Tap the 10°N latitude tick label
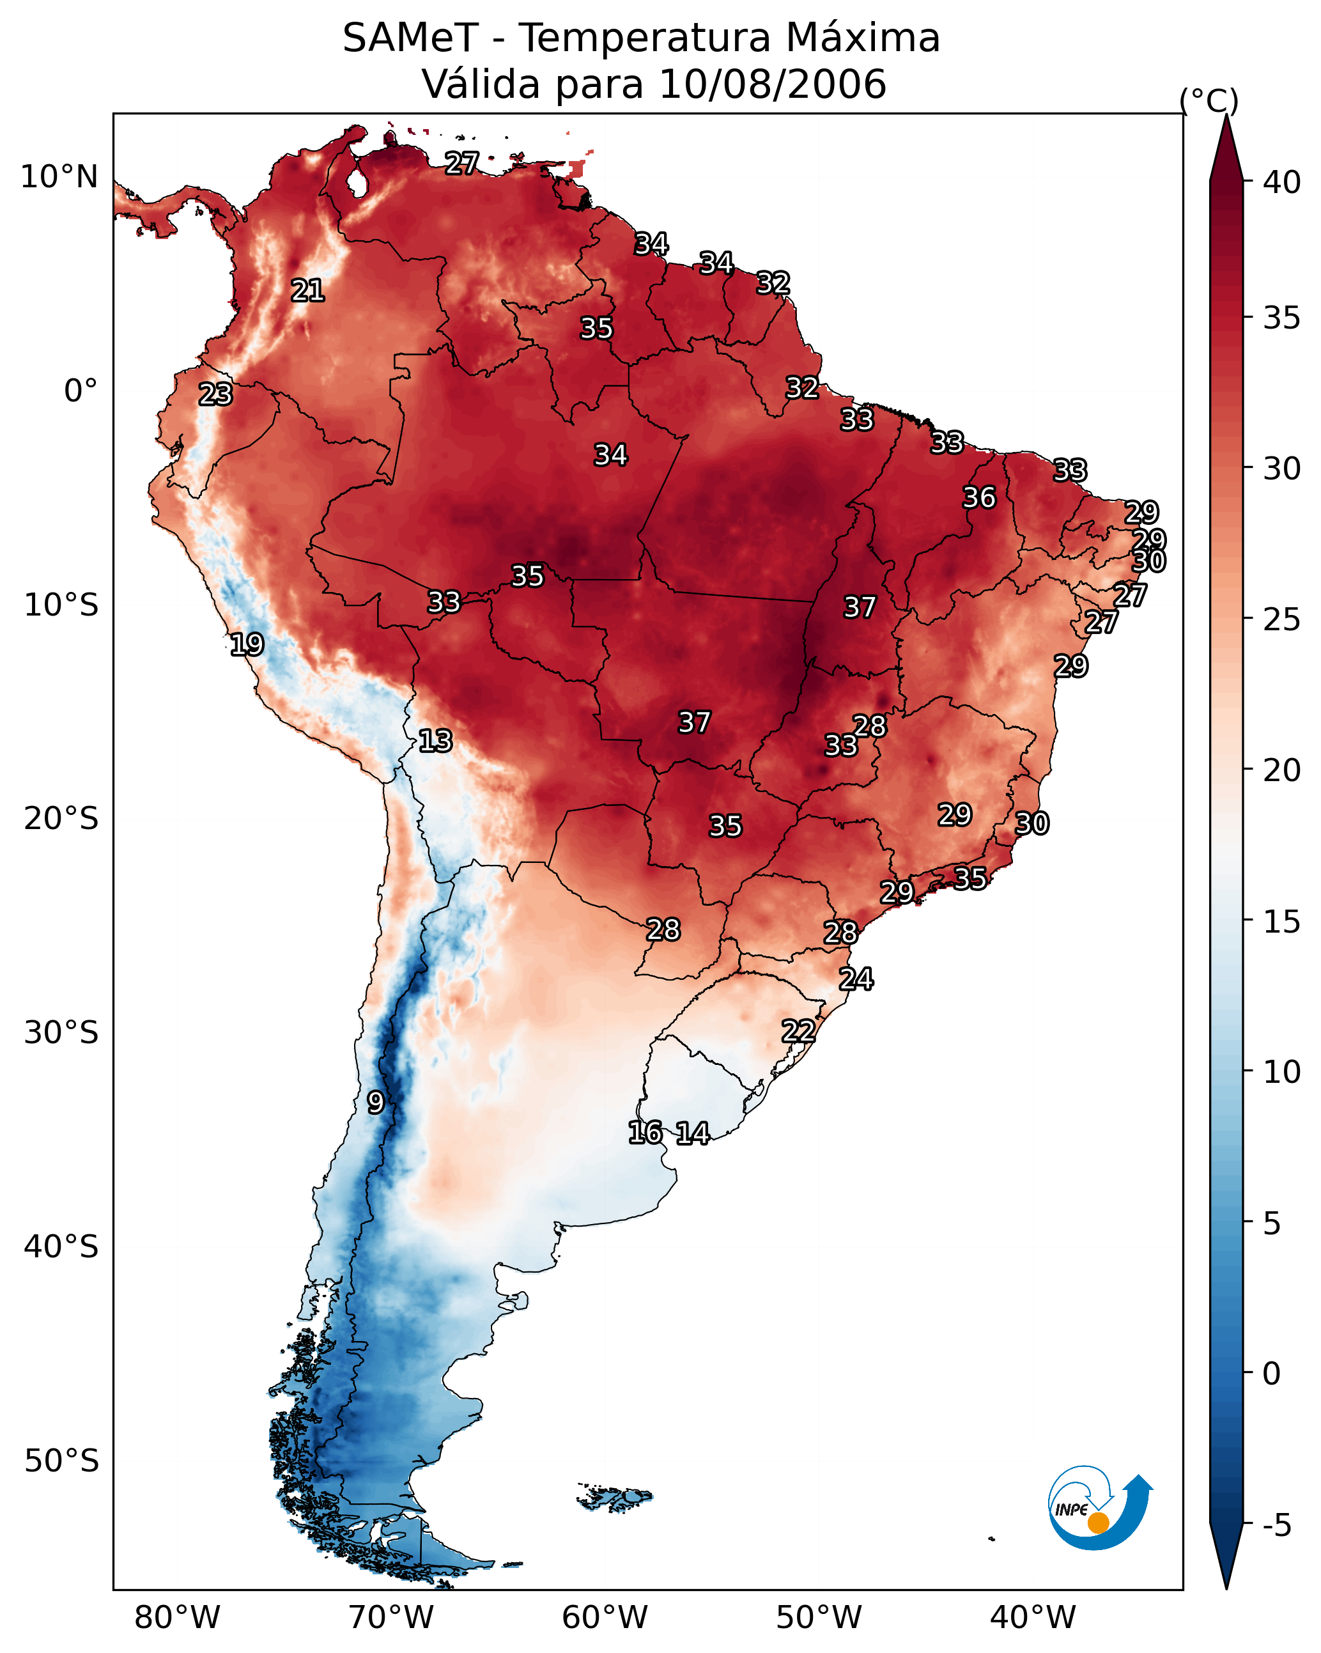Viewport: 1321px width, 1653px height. (x=59, y=177)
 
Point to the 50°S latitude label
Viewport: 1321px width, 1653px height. (x=61, y=1461)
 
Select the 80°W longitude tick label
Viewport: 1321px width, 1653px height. (x=177, y=1617)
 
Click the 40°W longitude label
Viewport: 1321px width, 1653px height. (x=1033, y=1617)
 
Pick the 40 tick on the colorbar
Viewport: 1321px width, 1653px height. (x=1282, y=182)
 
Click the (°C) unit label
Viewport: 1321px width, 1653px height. (x=1209, y=100)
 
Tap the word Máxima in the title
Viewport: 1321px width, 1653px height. (x=861, y=38)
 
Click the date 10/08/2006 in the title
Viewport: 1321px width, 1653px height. (x=772, y=84)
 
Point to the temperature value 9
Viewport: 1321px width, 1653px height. (x=375, y=1103)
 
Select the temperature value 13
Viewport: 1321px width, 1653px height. (x=435, y=741)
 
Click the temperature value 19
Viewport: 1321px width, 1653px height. (x=247, y=644)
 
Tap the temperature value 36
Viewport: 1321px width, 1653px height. (x=979, y=497)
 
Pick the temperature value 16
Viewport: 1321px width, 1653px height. (x=645, y=1133)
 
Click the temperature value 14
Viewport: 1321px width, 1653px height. (x=692, y=1133)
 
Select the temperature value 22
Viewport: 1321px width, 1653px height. (x=798, y=1030)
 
